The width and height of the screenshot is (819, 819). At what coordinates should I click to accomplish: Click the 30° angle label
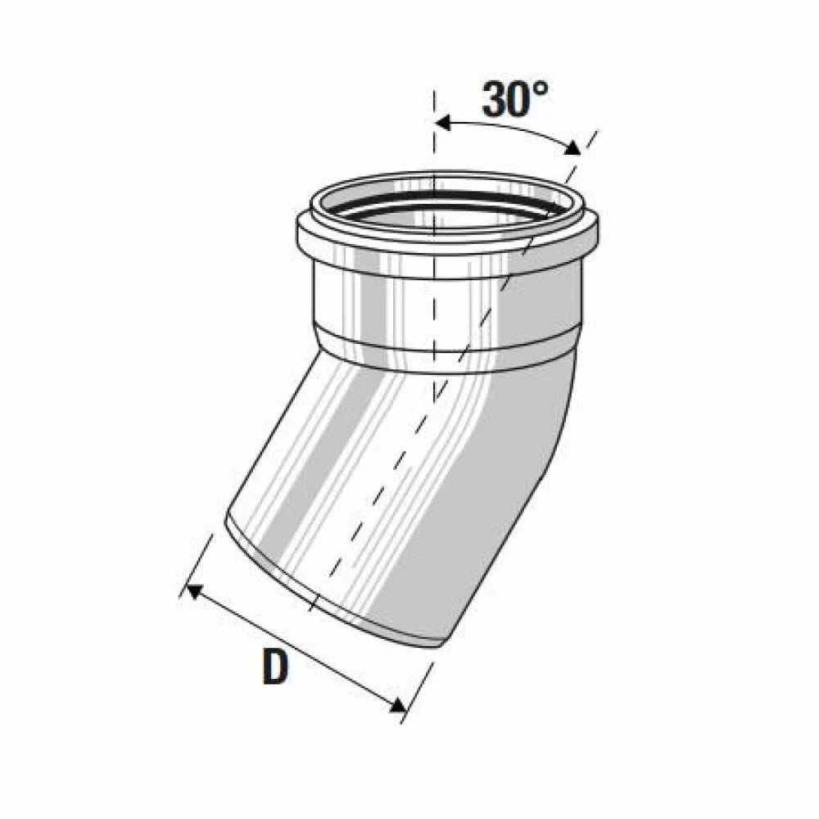[515, 99]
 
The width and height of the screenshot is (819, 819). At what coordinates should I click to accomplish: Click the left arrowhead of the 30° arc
[443, 124]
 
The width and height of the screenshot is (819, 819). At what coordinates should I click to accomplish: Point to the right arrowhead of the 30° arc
[573, 148]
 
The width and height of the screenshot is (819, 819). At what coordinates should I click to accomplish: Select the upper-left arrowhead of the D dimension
[196, 592]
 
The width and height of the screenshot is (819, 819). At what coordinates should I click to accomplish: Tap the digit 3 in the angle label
[494, 99]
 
